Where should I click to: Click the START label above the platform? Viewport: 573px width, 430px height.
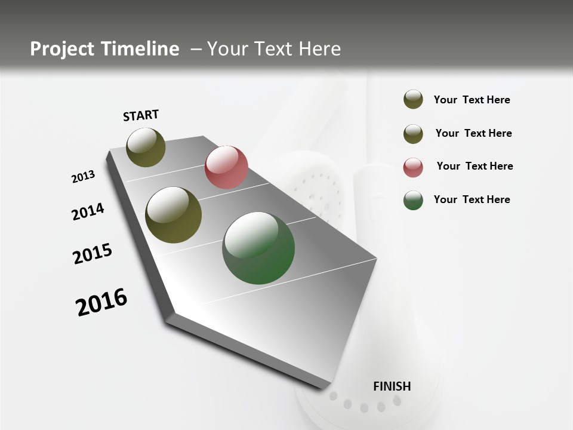(x=141, y=115)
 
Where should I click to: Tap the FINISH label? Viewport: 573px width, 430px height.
(x=392, y=386)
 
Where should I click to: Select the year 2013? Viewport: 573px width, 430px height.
(x=83, y=177)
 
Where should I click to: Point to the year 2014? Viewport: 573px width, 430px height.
(x=88, y=211)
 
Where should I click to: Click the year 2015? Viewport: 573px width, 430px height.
(x=93, y=254)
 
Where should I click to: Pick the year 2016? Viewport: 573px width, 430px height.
(x=101, y=302)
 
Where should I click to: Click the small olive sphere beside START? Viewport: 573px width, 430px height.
(x=146, y=147)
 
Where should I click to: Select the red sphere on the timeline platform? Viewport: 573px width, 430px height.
(x=226, y=167)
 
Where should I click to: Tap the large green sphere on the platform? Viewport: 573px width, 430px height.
(x=258, y=248)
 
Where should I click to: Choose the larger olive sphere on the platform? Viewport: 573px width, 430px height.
(x=174, y=215)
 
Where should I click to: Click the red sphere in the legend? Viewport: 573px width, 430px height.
(x=413, y=167)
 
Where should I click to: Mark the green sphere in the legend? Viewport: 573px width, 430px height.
(x=413, y=200)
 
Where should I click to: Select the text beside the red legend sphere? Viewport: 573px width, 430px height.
(x=475, y=166)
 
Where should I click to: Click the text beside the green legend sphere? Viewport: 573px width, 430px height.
(x=472, y=199)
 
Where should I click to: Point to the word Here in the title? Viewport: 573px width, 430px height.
(x=319, y=49)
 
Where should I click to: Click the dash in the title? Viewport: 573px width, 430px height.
(x=196, y=50)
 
